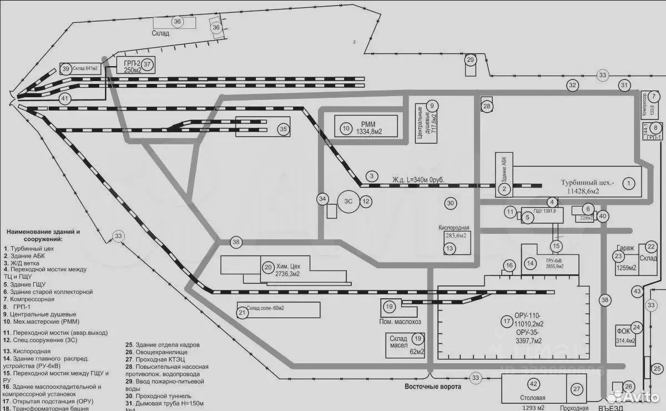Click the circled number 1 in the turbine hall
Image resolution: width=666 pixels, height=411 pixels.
[x=628, y=182]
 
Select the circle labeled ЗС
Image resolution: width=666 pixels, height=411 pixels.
[x=347, y=201]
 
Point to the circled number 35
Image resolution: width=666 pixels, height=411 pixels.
[x=283, y=129]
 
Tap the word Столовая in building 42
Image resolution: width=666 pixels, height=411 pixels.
[x=533, y=398]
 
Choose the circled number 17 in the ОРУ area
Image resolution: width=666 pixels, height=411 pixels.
[x=506, y=321]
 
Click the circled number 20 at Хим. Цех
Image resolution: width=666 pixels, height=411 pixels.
[x=268, y=267]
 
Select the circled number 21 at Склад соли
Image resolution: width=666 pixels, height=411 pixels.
[x=242, y=313]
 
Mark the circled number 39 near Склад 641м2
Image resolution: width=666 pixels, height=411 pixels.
[x=66, y=69]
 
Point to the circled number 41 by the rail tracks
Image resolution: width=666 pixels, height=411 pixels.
[x=65, y=98]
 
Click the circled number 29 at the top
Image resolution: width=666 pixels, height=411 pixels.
[x=470, y=59]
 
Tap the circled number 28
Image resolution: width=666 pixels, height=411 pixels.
[x=487, y=107]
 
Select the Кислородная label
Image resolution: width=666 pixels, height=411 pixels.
[x=454, y=228]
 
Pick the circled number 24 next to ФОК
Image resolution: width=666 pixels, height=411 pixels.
[x=636, y=328]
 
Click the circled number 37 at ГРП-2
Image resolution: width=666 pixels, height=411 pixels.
[x=147, y=64]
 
